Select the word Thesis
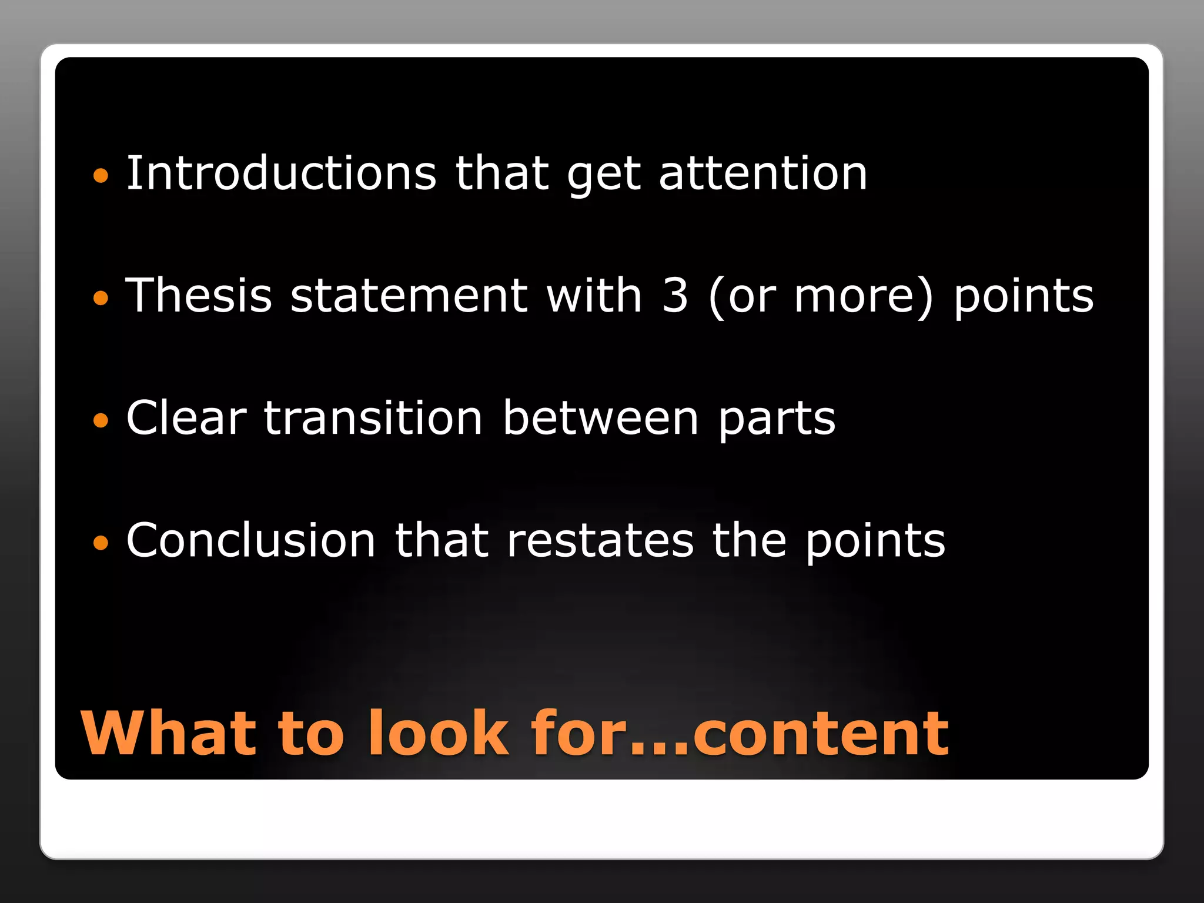tap(199, 295)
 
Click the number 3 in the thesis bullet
tap(675, 295)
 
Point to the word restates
tap(600, 541)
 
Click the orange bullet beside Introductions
tap(101, 175)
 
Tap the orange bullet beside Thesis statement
tap(101, 298)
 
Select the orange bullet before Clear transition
tap(101, 420)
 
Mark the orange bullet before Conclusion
tap(101, 543)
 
